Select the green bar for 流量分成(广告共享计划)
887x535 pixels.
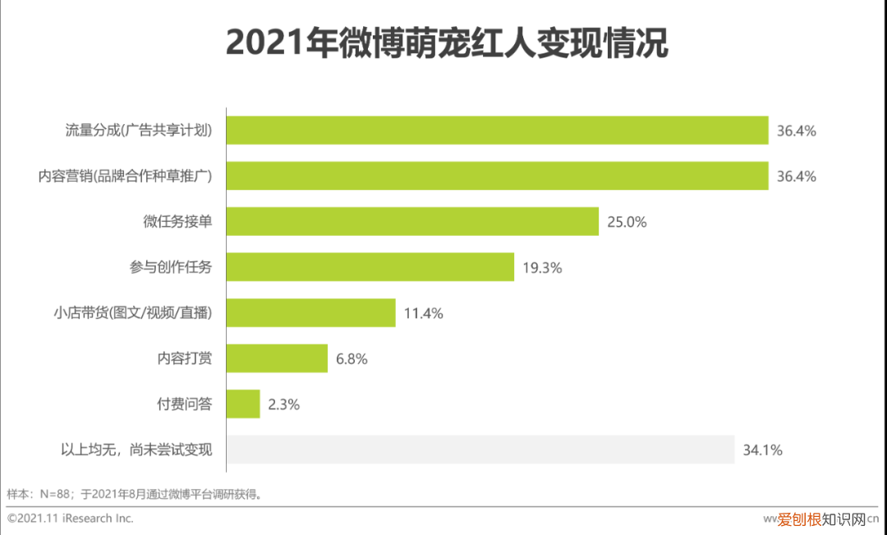497,131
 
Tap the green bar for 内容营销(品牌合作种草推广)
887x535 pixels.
497,176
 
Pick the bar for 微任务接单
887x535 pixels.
412,222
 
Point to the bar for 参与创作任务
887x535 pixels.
370,267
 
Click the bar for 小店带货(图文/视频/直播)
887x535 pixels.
310,313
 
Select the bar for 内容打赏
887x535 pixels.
277,358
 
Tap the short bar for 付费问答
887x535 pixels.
243,404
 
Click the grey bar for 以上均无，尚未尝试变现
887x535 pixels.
480,450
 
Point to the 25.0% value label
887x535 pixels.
627,222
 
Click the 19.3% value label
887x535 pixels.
542,267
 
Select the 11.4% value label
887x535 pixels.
423,313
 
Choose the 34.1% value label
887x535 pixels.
762,450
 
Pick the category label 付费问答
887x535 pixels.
185,404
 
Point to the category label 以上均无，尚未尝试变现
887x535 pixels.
136,450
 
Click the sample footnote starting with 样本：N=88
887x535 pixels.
135,494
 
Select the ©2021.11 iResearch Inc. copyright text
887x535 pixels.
70,519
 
